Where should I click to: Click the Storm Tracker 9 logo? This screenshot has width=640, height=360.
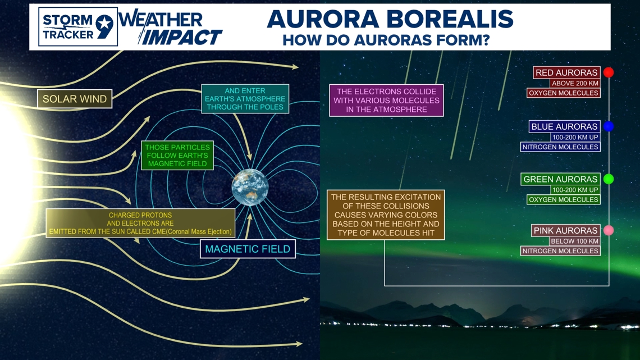(78, 27)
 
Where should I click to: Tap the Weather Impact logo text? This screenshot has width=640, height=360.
(171, 28)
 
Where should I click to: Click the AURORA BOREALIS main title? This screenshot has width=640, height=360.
(390, 19)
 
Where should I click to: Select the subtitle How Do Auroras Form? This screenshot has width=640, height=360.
(386, 40)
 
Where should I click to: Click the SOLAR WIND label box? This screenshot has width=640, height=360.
(75, 99)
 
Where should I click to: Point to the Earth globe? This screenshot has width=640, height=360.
(250, 187)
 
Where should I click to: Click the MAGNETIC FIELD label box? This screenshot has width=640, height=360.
(248, 249)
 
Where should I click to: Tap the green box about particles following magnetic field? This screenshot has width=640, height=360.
(177, 156)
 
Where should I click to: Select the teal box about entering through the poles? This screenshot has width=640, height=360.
(245, 99)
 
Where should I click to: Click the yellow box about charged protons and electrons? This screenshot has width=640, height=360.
(140, 224)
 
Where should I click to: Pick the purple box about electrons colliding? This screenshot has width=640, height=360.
(386, 101)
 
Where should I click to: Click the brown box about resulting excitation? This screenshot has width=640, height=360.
(386, 215)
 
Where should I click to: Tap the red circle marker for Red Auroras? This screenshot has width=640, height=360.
(609, 72)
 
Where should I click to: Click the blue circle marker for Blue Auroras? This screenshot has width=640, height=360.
(609, 126)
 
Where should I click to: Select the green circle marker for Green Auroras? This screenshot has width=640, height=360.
(609, 179)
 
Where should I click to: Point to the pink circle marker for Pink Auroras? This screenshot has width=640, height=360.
(609, 230)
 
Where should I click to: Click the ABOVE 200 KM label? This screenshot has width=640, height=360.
(575, 83)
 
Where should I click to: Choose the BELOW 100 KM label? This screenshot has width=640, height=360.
(575, 241)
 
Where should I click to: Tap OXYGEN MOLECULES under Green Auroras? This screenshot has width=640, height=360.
(563, 199)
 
